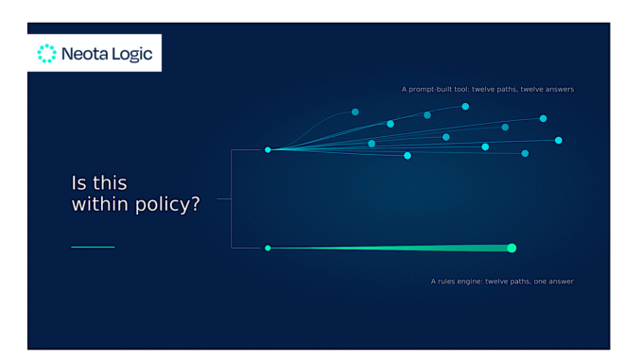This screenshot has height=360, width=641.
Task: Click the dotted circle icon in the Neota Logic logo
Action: pyautogui.click(x=46, y=54)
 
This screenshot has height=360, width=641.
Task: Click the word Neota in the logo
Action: pyautogui.click(x=85, y=54)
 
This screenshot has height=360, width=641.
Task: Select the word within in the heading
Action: pyautogui.click(x=100, y=204)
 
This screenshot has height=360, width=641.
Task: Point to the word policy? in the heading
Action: pyautogui.click(x=167, y=205)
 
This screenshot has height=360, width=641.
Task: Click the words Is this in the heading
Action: pyautogui.click(x=99, y=183)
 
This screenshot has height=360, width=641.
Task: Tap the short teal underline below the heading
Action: pyautogui.click(x=93, y=247)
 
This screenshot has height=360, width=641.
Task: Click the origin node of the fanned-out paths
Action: pyautogui.click(x=268, y=150)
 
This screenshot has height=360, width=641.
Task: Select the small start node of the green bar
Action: pyautogui.click(x=268, y=249)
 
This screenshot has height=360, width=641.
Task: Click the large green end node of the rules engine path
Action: pyautogui.click(x=511, y=249)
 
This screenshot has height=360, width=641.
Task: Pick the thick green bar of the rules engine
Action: pyautogui.click(x=390, y=249)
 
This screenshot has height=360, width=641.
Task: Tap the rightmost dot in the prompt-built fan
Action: pyautogui.click(x=559, y=140)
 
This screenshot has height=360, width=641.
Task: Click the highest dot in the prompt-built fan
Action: pyautogui.click(x=465, y=107)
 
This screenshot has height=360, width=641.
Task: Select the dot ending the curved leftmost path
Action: pyautogui.click(x=355, y=111)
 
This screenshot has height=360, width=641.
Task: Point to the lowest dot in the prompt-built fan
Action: pyautogui.click(x=407, y=156)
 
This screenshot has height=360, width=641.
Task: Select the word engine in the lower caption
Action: pyautogui.click(x=469, y=282)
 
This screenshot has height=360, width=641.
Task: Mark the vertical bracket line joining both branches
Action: pyautogui.click(x=231, y=199)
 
